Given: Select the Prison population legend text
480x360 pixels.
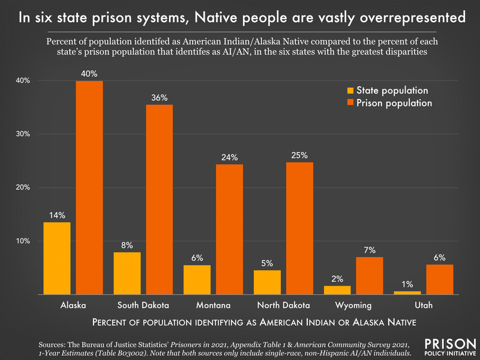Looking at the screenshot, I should pyautogui.click(x=394, y=103).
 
